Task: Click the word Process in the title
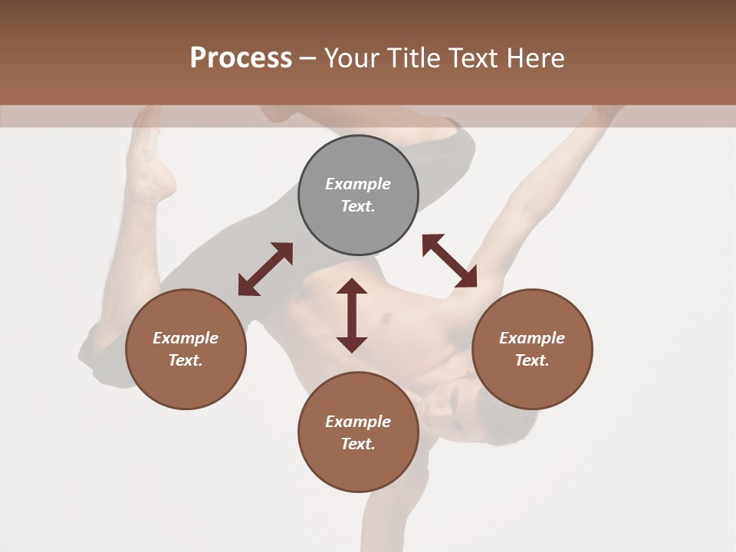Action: (241, 58)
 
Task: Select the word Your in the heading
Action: (352, 58)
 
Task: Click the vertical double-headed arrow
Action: (352, 315)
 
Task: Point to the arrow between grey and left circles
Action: (265, 269)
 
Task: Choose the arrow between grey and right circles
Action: (449, 261)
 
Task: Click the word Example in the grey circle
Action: (358, 184)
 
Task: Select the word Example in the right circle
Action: (532, 338)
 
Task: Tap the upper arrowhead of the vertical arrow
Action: (352, 287)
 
